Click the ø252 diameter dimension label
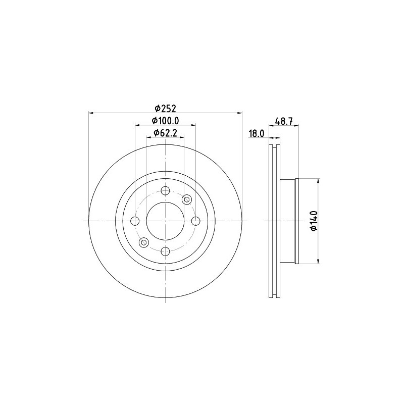pos(166,109)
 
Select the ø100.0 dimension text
pos(166,120)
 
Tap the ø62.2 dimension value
pos(166,133)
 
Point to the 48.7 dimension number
pos(284,121)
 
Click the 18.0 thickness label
pos(257,133)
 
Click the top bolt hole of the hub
pos(165,191)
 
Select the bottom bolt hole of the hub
pos(165,251)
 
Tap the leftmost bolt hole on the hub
pos(135,221)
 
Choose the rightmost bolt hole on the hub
pos(195,221)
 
